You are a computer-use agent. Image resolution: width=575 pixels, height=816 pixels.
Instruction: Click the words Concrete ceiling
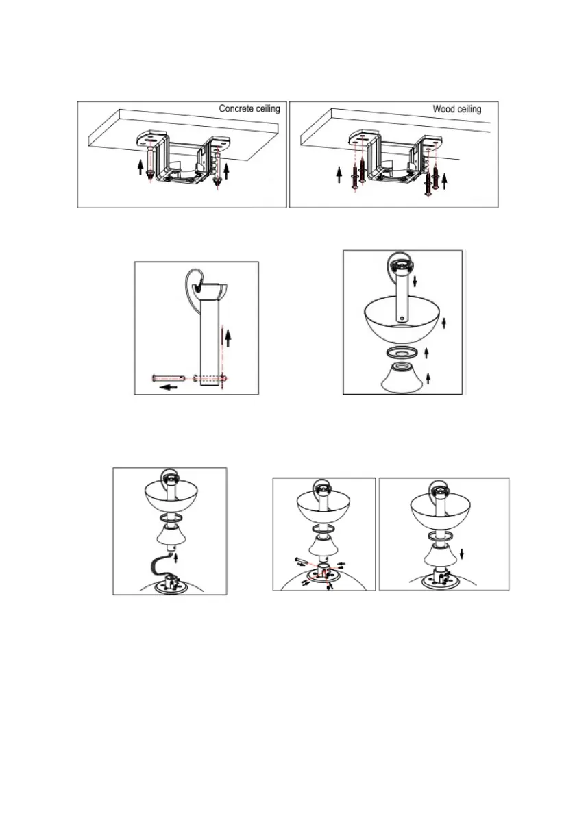coord(249,108)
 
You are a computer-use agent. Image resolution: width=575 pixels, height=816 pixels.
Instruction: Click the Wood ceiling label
coord(457,109)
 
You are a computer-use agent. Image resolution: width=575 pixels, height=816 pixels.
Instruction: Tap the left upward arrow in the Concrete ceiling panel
coord(140,168)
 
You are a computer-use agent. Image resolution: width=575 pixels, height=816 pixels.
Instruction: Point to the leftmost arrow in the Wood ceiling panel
coord(339,174)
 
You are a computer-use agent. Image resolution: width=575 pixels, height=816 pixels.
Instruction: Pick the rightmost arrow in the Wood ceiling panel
coord(444,182)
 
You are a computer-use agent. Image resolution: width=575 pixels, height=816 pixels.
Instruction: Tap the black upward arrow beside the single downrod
coord(228,338)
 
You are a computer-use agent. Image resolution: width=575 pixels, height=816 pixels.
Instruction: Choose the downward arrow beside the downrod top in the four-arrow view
coord(415,282)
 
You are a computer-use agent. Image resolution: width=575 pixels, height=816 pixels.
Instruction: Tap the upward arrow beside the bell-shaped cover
coord(428,378)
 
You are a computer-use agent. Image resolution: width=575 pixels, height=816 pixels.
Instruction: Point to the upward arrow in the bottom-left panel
coord(176,558)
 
